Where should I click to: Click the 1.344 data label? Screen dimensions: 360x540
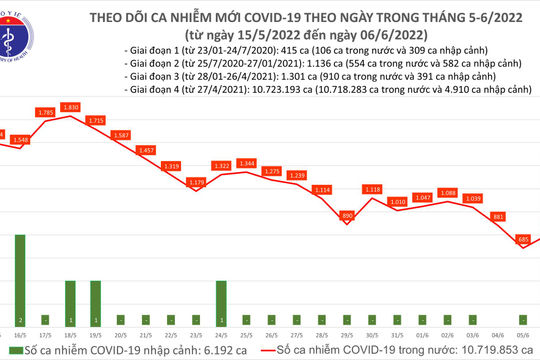247,162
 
